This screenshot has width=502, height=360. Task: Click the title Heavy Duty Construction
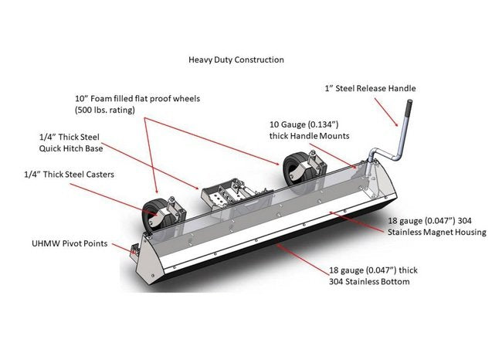click(236, 59)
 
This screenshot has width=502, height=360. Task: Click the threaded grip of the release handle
click(402, 112)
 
